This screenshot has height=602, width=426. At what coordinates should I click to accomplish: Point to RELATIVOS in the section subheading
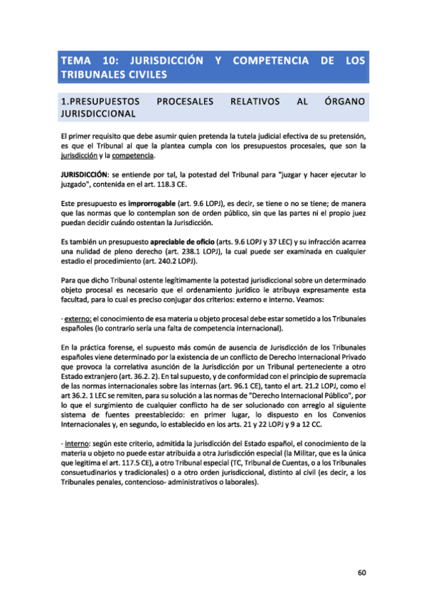(x=255, y=102)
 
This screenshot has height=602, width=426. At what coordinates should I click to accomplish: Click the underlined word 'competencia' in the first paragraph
(x=132, y=155)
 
